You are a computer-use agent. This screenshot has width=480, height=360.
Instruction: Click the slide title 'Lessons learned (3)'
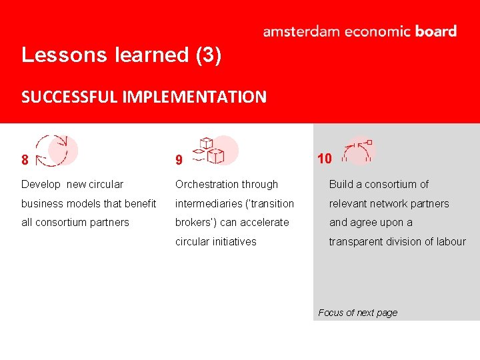click(x=121, y=55)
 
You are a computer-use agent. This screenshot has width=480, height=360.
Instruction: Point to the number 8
click(x=25, y=160)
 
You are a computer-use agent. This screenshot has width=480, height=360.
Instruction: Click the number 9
click(x=179, y=160)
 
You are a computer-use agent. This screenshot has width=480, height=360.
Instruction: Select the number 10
click(x=325, y=158)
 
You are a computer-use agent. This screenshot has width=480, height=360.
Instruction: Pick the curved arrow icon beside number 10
click(x=358, y=151)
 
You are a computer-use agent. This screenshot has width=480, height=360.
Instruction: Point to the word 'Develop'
click(x=41, y=184)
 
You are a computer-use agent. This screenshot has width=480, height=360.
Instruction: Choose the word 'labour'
click(x=451, y=241)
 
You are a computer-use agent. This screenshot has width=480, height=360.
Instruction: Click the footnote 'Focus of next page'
click(x=357, y=313)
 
